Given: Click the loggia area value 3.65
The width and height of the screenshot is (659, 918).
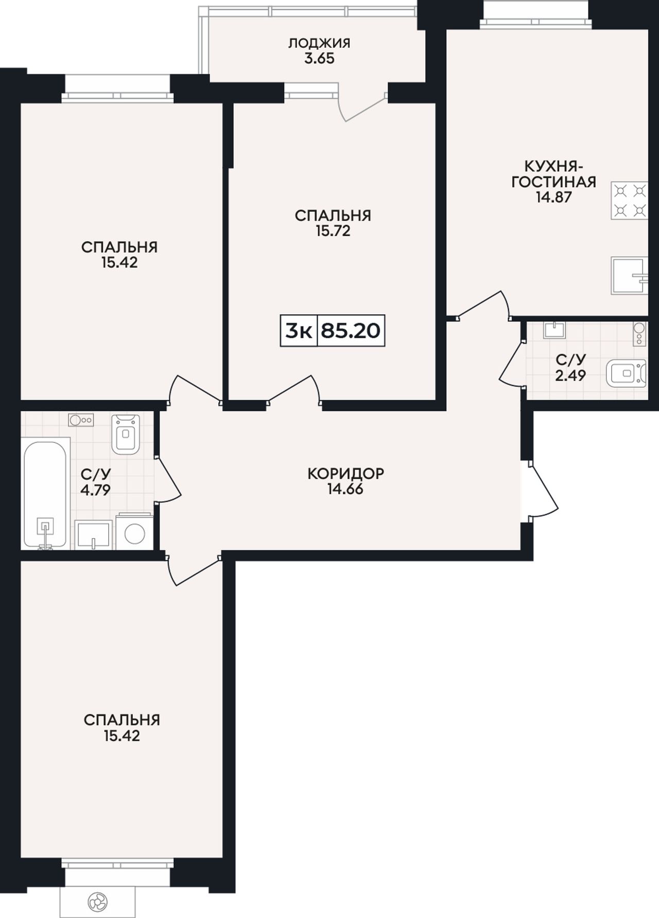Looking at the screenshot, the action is (x=319, y=59).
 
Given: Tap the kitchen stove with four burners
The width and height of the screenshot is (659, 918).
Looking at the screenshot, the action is (x=629, y=201).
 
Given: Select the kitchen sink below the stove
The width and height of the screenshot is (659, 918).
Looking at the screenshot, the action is (x=629, y=276).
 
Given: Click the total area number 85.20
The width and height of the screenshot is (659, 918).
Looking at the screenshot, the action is (x=351, y=331).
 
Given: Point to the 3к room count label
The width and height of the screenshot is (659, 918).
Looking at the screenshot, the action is (x=299, y=331).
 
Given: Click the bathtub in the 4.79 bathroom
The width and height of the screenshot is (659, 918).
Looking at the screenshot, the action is (x=45, y=493).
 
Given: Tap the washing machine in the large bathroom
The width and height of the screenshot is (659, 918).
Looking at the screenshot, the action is (x=134, y=532).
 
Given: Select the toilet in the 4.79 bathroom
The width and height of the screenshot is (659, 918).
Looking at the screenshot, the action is (x=126, y=434).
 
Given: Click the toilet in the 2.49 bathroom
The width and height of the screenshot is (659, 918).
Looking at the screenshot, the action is (x=626, y=373).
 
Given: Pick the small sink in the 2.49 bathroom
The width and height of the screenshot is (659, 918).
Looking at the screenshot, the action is (x=554, y=330).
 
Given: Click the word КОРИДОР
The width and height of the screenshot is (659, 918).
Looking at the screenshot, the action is (x=345, y=473).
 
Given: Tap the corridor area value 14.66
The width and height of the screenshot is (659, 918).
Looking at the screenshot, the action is (x=345, y=489).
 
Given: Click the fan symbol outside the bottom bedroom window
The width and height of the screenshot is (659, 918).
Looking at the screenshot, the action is (x=98, y=901).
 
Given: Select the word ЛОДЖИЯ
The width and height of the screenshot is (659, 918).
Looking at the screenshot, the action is (x=319, y=43).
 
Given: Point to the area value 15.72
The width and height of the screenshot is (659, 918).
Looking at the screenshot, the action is (x=333, y=231).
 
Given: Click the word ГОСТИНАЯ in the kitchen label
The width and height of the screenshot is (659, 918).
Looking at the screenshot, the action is (x=554, y=182).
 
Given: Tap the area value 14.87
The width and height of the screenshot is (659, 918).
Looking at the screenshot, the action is (x=554, y=197).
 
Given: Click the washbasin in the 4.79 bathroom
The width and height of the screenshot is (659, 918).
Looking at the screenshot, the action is (x=94, y=535).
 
